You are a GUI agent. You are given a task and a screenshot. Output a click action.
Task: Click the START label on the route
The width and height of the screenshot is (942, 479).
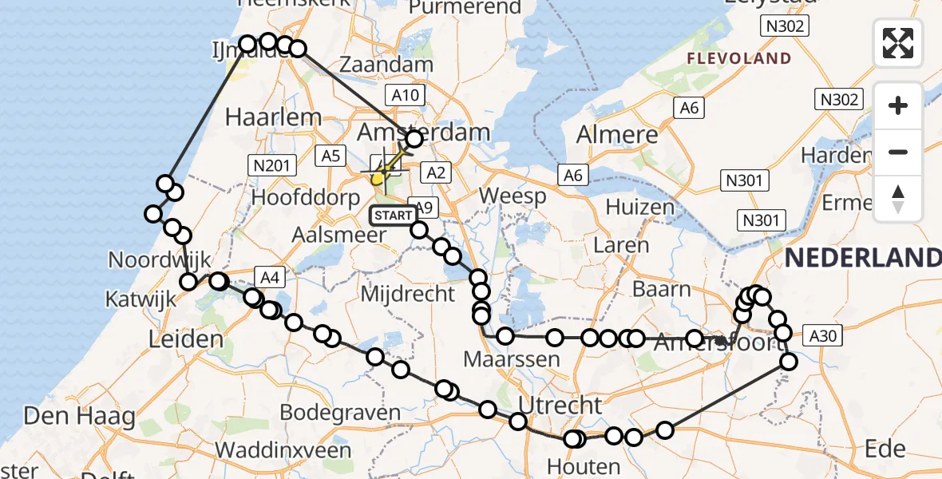coord(393,215)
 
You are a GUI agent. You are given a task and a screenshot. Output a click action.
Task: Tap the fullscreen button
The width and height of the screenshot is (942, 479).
coord(898,43)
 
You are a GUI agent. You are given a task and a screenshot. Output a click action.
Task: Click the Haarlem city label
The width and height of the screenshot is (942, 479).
coord(273,117)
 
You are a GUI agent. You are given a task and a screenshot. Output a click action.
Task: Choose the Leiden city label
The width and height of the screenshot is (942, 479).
coord(186,340)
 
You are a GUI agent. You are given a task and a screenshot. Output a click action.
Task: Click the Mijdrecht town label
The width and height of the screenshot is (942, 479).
coord(408,294)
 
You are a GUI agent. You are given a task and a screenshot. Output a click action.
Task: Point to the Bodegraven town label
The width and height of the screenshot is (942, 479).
coord(341,413)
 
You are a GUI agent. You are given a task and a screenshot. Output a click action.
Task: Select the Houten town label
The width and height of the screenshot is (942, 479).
coord(584,465)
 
